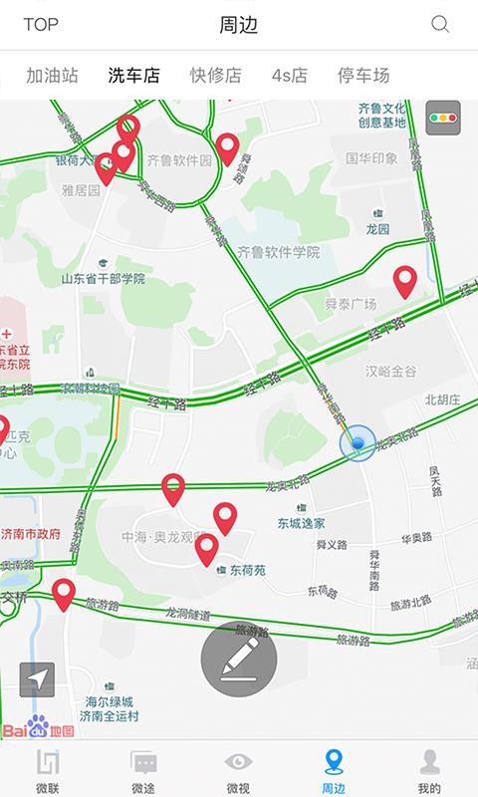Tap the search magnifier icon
point(439,25)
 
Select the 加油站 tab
point(53,76)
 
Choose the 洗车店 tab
point(133,76)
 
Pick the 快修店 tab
point(216,76)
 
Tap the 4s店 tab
point(290,76)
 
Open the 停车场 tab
point(363,76)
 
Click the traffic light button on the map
point(442,118)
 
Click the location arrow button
point(38,679)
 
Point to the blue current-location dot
point(358,443)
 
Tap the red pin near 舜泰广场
point(404,282)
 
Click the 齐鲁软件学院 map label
point(279,253)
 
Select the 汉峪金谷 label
point(390,371)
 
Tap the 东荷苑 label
point(247,571)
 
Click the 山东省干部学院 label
point(103,279)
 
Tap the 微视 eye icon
point(238,762)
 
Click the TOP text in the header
point(41,25)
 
